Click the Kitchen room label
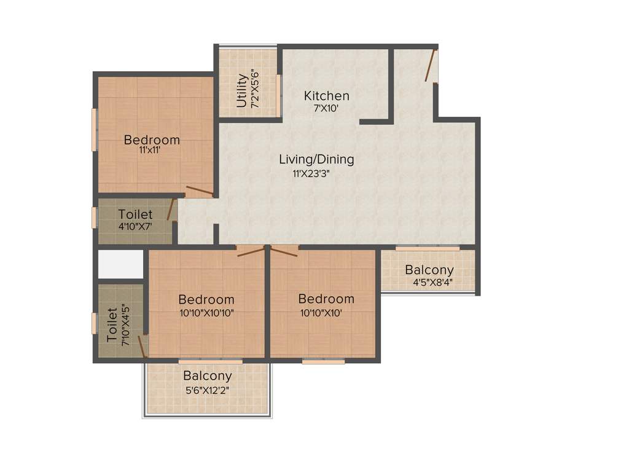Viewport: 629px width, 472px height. pos(327,96)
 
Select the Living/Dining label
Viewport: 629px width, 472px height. pos(316,159)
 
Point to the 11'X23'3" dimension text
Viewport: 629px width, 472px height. pos(316,173)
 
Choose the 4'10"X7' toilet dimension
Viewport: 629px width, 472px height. pos(135,226)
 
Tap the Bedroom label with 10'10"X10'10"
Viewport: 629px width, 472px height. pos(206,300)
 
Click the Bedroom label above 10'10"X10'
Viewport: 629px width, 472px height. pos(326,299)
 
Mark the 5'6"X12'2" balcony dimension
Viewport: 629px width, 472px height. pos(207,389)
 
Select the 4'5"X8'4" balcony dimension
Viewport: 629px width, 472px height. pos(433,283)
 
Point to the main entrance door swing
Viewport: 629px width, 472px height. pos(431,65)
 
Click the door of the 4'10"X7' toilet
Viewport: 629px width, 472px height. pos(171,210)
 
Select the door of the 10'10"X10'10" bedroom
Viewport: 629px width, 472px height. pos(250,251)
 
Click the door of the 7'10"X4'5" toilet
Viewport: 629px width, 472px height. pos(143,346)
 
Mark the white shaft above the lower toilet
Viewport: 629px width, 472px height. pos(120,264)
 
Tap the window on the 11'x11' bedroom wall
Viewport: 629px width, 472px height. pos(94,129)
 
